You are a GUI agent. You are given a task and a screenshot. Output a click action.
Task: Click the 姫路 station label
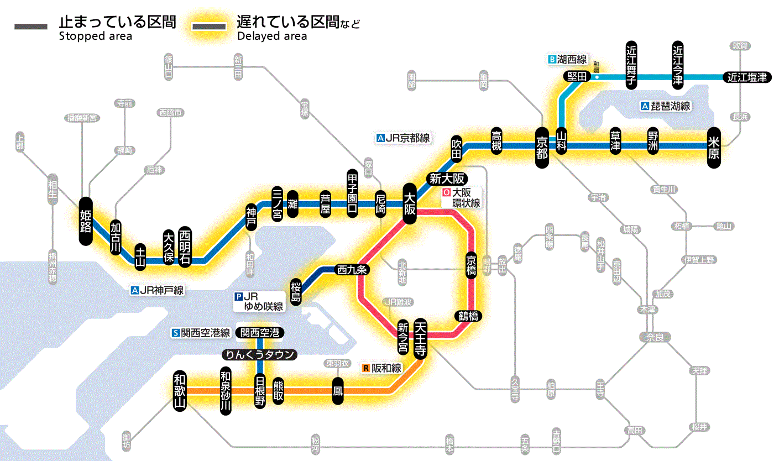(x=86, y=221)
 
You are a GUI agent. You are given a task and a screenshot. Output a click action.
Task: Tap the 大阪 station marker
(x=410, y=203)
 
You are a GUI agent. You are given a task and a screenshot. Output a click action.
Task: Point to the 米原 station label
(x=714, y=146)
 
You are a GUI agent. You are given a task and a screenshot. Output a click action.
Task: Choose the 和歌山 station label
(x=180, y=390)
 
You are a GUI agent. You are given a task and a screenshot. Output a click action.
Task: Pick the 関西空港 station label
(x=260, y=333)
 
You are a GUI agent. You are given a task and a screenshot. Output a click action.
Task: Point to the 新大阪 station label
(x=448, y=179)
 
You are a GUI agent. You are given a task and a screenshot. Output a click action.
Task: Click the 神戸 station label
(x=252, y=218)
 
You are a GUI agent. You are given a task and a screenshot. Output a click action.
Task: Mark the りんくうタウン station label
(x=259, y=354)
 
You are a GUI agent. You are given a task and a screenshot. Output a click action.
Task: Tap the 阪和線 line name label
(x=386, y=368)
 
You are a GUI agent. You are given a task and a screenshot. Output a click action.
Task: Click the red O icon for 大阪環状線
(x=446, y=193)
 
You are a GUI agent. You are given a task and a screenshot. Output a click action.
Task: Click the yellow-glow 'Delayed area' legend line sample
(x=209, y=27)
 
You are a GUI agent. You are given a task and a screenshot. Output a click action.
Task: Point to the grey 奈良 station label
(x=654, y=337)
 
